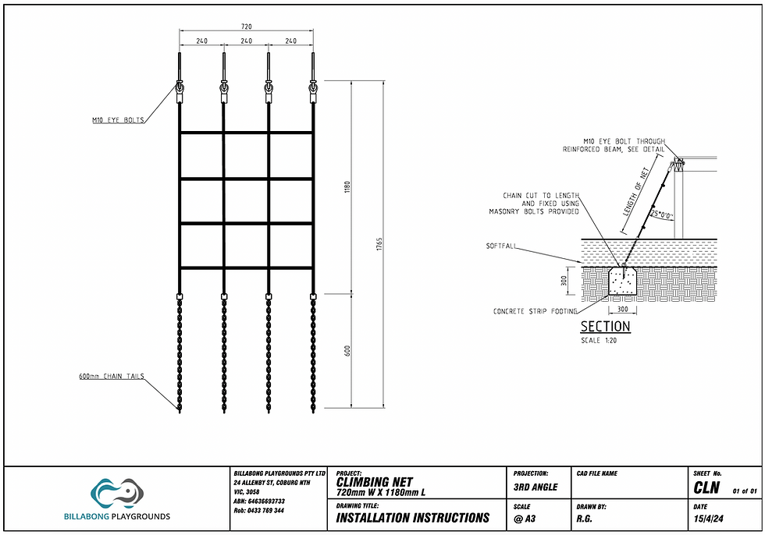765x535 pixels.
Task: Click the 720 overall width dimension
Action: point(247,27)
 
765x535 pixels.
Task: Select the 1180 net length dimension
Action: point(347,187)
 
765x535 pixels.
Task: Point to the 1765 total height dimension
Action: point(379,244)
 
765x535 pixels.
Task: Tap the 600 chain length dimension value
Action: point(347,350)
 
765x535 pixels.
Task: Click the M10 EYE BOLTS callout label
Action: point(118,120)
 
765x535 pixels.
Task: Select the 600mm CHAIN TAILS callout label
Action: point(112,376)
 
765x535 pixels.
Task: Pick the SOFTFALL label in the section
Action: point(500,246)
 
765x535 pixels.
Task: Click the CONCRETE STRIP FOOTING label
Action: point(535,311)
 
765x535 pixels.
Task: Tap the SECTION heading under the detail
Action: point(605,327)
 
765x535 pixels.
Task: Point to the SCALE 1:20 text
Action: point(599,341)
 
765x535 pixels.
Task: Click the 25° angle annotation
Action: point(662,214)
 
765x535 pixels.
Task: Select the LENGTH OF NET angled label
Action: point(635,192)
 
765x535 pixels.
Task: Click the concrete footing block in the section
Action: point(623,281)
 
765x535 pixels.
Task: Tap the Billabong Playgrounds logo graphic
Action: point(117,493)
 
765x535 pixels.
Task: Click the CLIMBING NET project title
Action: point(375,482)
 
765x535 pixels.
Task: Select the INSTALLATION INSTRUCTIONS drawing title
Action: point(413,518)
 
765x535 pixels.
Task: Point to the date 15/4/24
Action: point(709,519)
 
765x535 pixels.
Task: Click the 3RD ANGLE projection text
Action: point(535,487)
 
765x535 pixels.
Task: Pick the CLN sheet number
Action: point(706,487)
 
